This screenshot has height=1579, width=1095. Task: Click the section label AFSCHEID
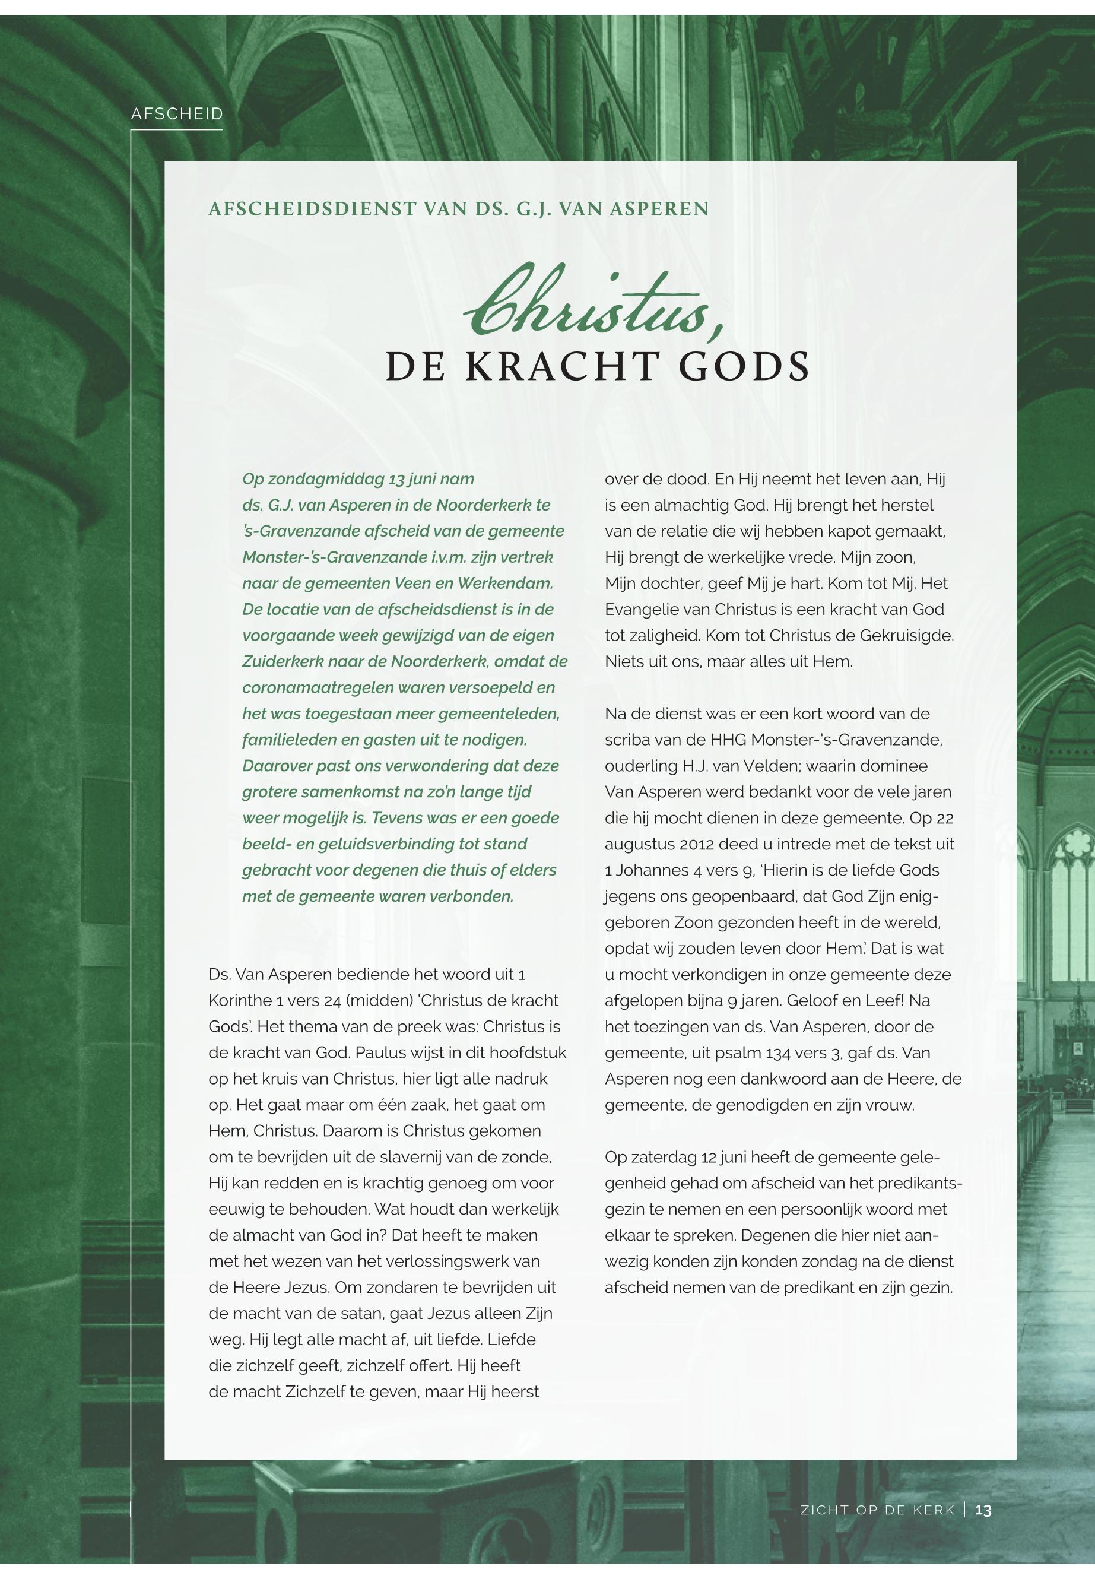click(x=177, y=114)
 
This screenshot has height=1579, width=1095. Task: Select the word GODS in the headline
click(x=744, y=366)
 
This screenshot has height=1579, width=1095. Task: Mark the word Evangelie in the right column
click(x=637, y=610)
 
